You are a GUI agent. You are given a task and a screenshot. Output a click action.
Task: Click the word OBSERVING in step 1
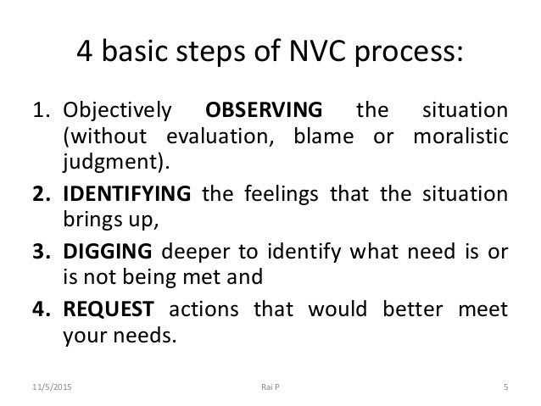click(264, 111)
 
